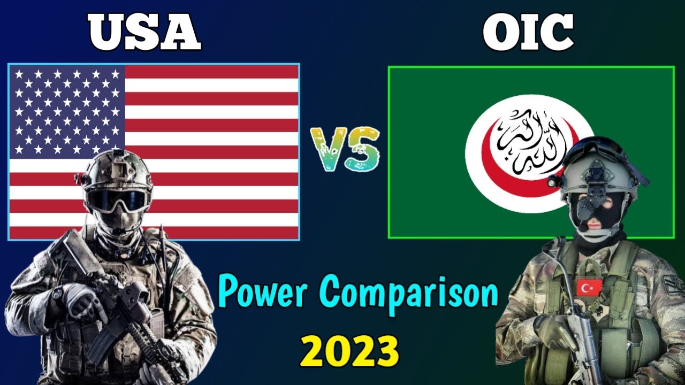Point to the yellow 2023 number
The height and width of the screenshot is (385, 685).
[x=349, y=350]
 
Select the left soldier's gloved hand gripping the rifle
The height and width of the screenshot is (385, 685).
[x=80, y=299]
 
